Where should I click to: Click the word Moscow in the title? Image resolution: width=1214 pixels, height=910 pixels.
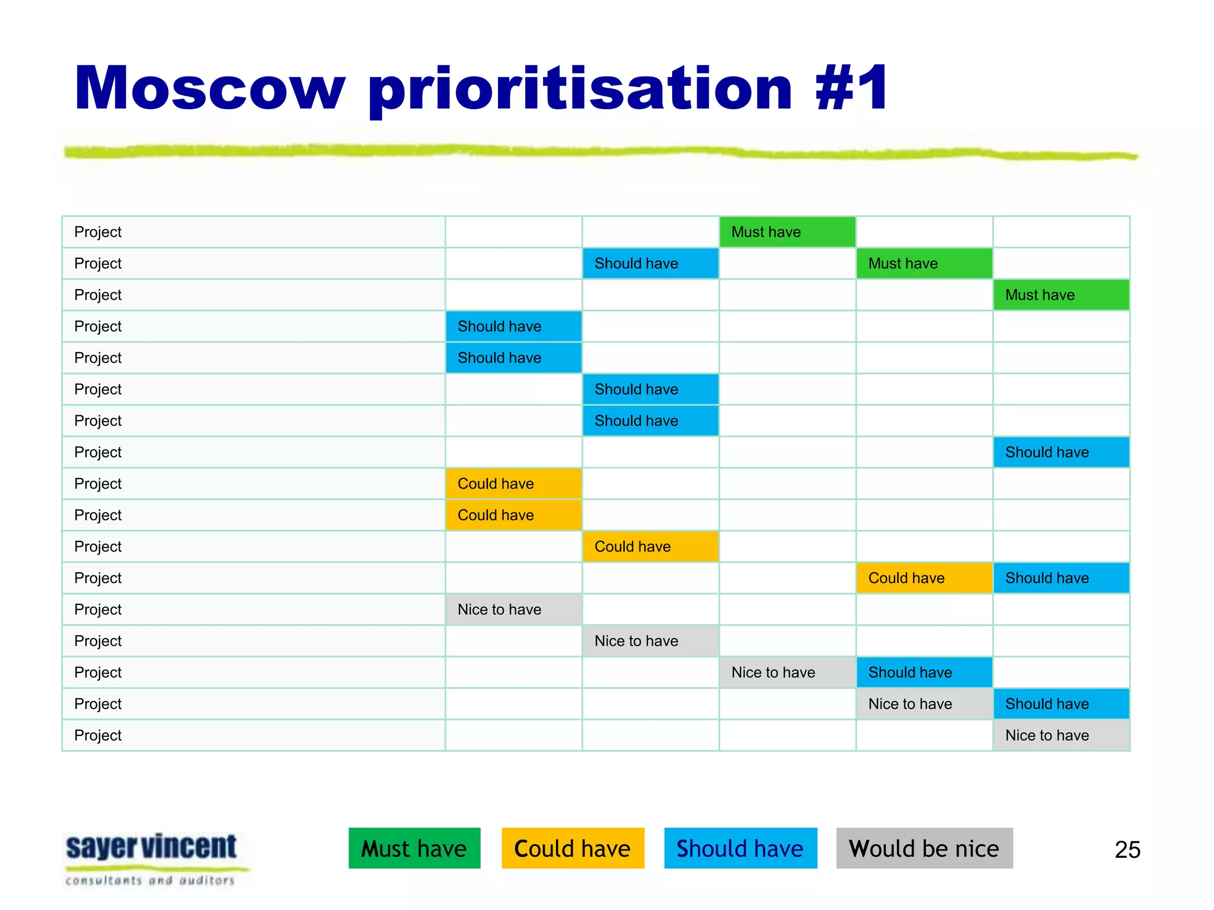tap(209, 89)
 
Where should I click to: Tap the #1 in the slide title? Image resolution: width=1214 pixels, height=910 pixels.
tap(851, 89)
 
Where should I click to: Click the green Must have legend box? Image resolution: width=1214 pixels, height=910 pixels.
tap(414, 848)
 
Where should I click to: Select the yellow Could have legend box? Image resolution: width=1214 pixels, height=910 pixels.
tap(573, 848)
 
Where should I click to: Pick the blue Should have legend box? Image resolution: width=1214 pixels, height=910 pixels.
tap(740, 848)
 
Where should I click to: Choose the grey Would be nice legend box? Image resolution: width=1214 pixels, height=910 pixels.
tap(924, 848)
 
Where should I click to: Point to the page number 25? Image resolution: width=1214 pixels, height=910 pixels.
tap(1127, 850)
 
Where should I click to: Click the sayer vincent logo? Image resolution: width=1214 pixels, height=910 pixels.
tap(152, 847)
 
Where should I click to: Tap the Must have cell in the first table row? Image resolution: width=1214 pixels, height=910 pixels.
tap(787, 232)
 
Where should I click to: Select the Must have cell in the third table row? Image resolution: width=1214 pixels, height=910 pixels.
tap(1061, 294)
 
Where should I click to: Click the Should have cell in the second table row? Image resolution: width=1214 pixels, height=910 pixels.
tap(650, 263)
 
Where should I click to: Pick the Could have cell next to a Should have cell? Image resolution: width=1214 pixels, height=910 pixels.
tap(924, 578)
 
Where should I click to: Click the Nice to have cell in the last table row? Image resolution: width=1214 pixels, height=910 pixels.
tap(1061, 735)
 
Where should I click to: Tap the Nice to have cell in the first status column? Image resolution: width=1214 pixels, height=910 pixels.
tap(513, 609)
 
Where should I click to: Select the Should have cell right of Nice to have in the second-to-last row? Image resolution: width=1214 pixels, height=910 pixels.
tap(1061, 704)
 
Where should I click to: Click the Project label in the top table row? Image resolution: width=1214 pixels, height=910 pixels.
tap(98, 232)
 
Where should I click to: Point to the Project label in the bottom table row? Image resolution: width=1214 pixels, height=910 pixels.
tap(98, 735)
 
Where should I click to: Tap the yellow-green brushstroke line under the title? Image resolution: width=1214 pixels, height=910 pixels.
tap(593, 152)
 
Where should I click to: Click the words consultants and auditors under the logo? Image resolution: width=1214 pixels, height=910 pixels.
tap(151, 880)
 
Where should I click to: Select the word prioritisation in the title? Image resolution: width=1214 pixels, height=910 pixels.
tap(580, 89)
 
